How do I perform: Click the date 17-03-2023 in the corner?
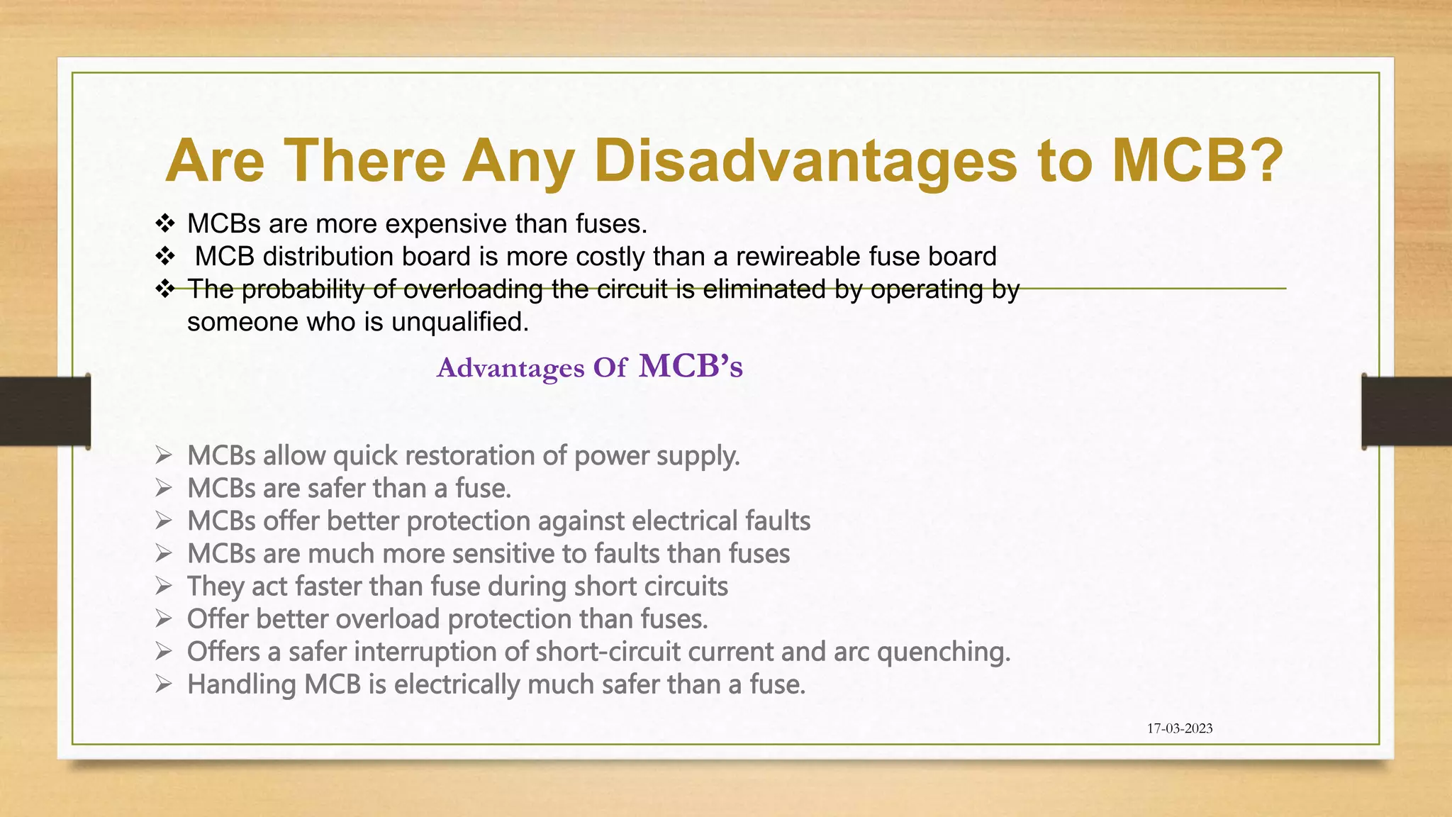1180,728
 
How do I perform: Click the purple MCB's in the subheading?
691,367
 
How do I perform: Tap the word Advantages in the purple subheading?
510,368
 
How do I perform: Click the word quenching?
944,652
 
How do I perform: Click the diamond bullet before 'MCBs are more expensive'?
164,224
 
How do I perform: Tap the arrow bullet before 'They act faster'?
164,586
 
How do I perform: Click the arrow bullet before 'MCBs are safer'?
164,488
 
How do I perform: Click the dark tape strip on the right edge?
1407,411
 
